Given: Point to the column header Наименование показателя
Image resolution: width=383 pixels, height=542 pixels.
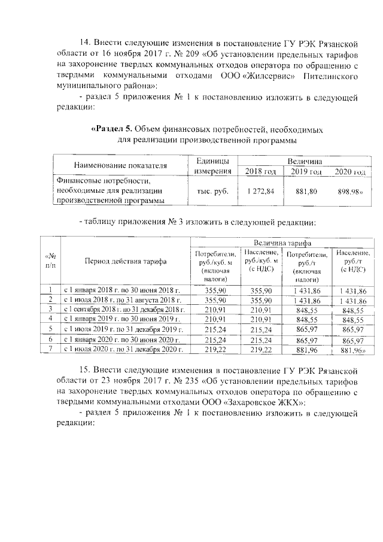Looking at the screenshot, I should coord(120,165).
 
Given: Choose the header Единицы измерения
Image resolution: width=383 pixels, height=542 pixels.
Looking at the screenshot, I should coord(213,166).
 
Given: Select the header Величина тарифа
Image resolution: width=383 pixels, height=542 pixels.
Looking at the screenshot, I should coord(282,243).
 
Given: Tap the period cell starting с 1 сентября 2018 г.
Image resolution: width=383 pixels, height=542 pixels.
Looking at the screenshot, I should coord(125,309).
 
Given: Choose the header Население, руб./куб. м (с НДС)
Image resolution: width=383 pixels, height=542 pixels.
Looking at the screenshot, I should coord(260,261).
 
